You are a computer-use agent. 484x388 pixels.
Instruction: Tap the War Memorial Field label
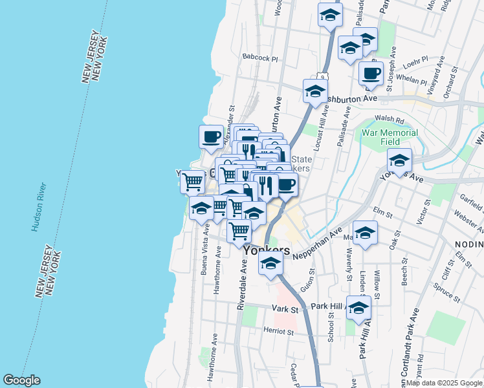390,137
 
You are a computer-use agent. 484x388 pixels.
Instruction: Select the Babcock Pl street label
260,58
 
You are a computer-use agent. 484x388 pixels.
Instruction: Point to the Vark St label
284,310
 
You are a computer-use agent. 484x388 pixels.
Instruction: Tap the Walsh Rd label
390,120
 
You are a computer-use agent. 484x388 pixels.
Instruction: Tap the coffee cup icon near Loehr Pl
371,73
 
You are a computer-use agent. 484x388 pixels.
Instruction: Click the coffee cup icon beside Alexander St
211,136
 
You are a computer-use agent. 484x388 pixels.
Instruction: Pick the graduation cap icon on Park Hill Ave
358,308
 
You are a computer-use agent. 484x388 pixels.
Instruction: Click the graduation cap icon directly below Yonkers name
270,263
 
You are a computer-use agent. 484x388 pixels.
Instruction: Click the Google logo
21,380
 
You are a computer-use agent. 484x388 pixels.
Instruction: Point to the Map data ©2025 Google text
443,383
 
